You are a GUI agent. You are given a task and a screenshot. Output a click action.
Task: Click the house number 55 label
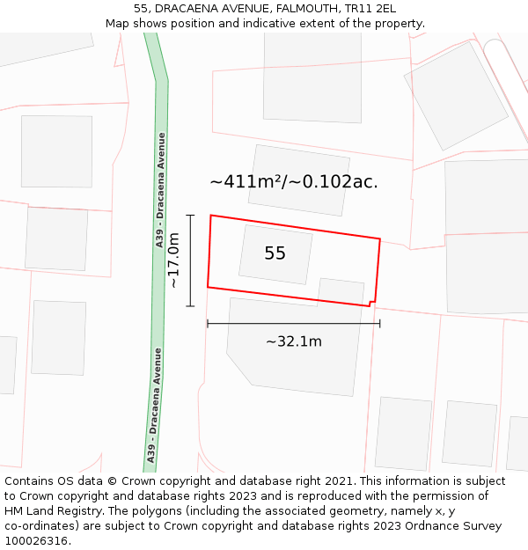click(x=275, y=253)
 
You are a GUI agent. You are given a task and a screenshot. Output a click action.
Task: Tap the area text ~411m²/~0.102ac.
click(x=294, y=182)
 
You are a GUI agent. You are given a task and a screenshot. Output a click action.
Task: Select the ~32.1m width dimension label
click(x=294, y=341)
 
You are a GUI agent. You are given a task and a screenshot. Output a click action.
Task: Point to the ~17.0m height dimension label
click(x=173, y=260)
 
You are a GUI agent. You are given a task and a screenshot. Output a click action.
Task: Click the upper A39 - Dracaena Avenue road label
click(x=161, y=189)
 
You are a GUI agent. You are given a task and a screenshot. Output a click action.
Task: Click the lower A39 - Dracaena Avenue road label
click(x=155, y=406)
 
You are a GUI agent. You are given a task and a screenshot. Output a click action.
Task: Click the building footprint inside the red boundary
click(x=275, y=254)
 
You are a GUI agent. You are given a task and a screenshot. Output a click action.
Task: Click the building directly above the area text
click(x=299, y=180)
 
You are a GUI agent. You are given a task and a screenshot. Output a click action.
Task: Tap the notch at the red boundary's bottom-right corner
click(x=372, y=304)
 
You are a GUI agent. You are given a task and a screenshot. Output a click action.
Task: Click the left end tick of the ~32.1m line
click(x=208, y=324)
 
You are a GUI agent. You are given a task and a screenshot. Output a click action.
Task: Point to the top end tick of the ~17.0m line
click(x=190, y=215)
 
